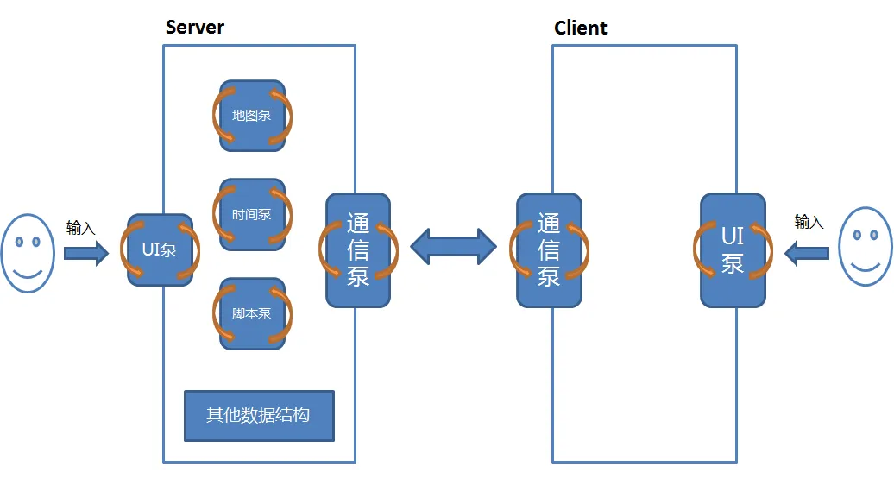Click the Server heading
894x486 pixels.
pyautogui.click(x=194, y=28)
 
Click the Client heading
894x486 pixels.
pyautogui.click(x=581, y=28)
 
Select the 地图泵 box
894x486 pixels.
pyautogui.click(x=252, y=116)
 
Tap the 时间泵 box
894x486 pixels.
pyautogui.click(x=252, y=214)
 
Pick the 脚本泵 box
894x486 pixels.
pyautogui.click(x=252, y=313)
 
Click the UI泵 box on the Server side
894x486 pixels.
pyautogui.click(x=160, y=249)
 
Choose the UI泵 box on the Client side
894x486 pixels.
pyautogui.click(x=733, y=250)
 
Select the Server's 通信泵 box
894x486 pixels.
pyautogui.click(x=358, y=250)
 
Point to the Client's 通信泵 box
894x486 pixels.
pyautogui.click(x=549, y=250)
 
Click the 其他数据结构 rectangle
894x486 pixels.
pyautogui.click(x=259, y=416)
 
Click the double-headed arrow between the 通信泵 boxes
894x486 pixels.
pyautogui.click(x=453, y=246)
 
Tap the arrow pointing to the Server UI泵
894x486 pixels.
pyautogui.click(x=86, y=253)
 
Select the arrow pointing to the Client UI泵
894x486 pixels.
pyautogui.click(x=807, y=253)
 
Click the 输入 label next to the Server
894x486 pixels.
pyautogui.click(x=80, y=228)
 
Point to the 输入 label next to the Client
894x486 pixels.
pyautogui.click(x=809, y=221)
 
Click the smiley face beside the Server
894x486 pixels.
pyautogui.click(x=28, y=253)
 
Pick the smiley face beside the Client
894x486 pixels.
pyautogui.click(x=866, y=246)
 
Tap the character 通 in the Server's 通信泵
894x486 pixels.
pyautogui.click(x=358, y=223)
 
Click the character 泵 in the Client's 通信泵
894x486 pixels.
pyautogui.click(x=549, y=276)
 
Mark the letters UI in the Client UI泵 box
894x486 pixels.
pyautogui.click(x=733, y=236)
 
